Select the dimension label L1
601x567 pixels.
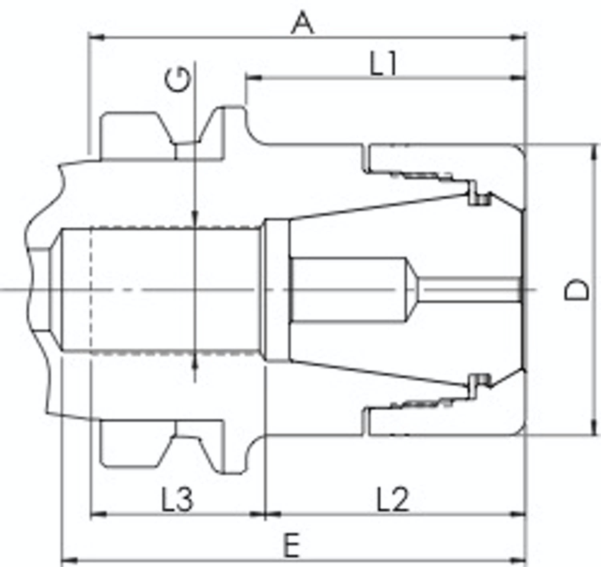point(383,64)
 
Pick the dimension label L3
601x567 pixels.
point(177,499)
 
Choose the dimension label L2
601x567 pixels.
point(393,499)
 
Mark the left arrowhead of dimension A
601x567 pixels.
point(96,38)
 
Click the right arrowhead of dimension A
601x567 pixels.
point(518,38)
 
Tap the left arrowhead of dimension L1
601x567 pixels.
point(254,78)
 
